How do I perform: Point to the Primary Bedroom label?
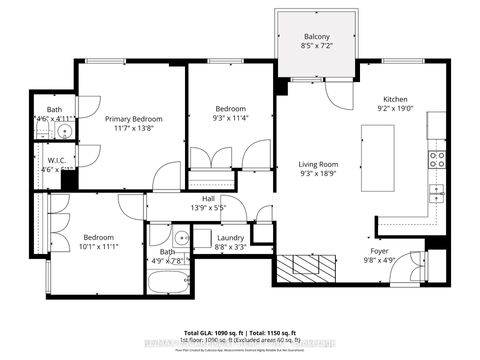(134, 119)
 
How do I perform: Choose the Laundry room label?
(231, 237)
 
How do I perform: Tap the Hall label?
(208, 198)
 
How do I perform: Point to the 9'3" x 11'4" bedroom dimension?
(233, 118)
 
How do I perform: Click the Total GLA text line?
(240, 331)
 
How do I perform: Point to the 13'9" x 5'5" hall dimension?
(208, 208)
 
